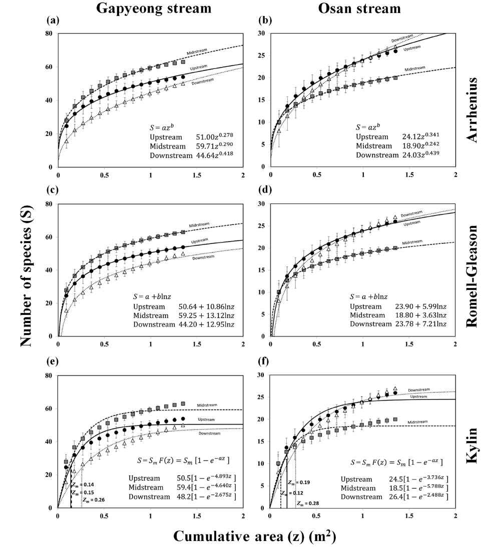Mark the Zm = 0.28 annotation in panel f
pos(307,503)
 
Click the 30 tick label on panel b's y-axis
pos(260,33)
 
